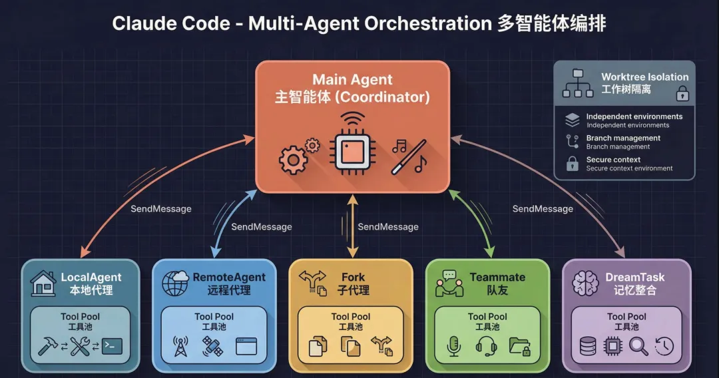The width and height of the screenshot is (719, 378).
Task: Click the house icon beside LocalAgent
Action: [44, 283]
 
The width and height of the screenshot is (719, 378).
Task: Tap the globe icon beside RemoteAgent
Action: [176, 283]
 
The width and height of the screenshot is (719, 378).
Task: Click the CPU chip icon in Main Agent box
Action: [353, 151]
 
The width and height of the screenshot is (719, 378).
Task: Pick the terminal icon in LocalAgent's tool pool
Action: [112, 345]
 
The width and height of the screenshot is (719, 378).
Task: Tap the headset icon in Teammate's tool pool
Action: [487, 345]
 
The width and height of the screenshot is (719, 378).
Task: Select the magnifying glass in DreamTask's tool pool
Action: [638, 346]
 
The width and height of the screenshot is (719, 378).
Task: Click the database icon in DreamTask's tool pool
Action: [588, 346]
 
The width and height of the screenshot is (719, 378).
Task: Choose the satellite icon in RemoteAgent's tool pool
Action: [213, 346]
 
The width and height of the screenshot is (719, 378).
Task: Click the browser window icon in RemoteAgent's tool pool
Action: [246, 346]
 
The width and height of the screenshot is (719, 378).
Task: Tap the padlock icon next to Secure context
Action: [572, 163]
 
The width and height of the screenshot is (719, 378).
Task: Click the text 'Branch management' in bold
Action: [623, 138]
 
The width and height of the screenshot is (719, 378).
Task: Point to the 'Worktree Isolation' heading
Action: [644, 77]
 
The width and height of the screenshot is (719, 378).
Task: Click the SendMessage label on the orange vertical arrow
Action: [388, 227]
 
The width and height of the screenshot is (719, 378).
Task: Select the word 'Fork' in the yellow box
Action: [353, 277]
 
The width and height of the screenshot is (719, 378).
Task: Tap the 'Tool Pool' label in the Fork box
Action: [351, 317]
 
